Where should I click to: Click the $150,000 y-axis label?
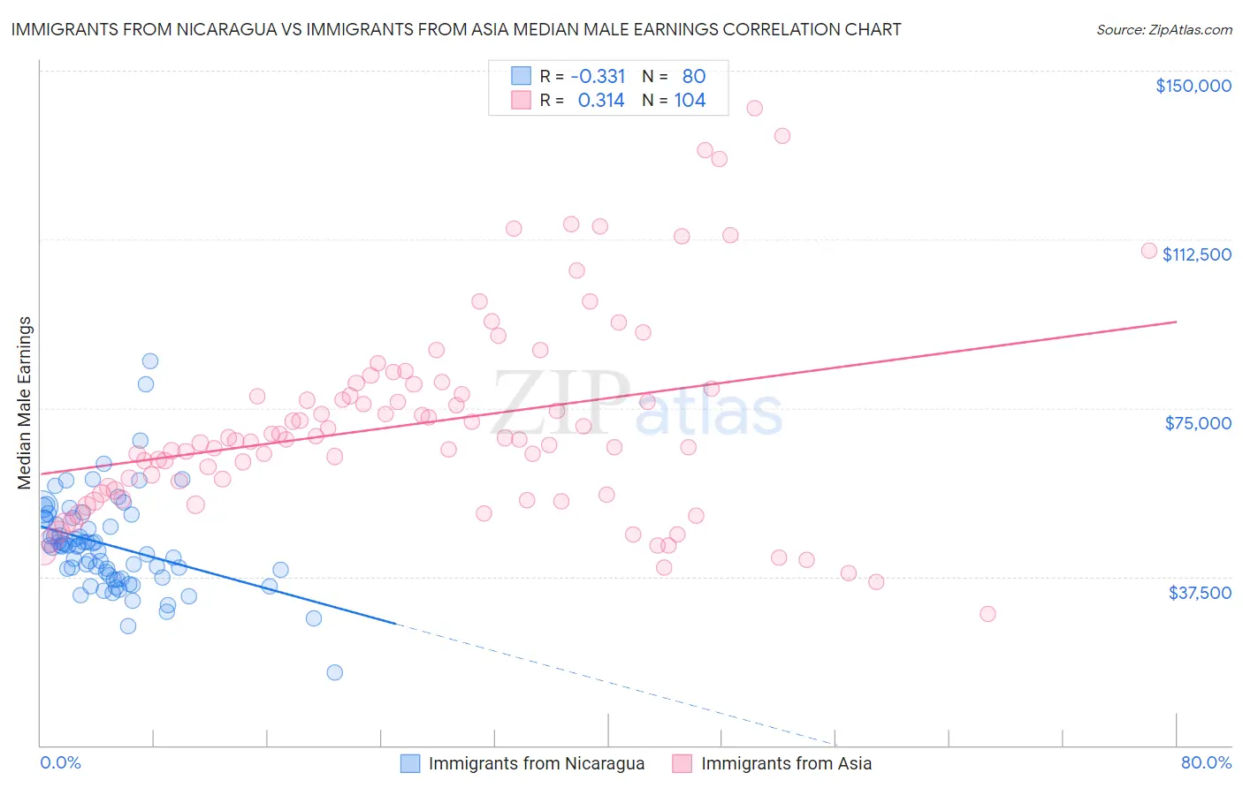pyautogui.click(x=1193, y=86)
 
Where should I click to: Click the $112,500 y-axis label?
pyautogui.click(x=1196, y=254)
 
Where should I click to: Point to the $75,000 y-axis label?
pyautogui.click(x=1198, y=423)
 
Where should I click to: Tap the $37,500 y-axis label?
pyautogui.click(x=1200, y=593)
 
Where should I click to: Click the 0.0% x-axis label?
pyautogui.click(x=60, y=762)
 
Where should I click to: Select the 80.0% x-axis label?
pyautogui.click(x=1206, y=762)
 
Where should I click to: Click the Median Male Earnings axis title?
pyautogui.click(x=25, y=403)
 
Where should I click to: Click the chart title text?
pyautogui.click(x=456, y=29)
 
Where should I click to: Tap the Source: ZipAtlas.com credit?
pyautogui.click(x=1163, y=30)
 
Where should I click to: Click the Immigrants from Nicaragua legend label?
pyautogui.click(x=536, y=763)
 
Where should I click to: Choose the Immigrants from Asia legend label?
pyautogui.click(x=786, y=763)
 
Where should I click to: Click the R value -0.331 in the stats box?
pyautogui.click(x=598, y=77)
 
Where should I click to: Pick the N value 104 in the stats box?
pyautogui.click(x=690, y=101)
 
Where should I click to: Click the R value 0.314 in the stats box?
pyautogui.click(x=601, y=101)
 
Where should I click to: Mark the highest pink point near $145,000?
pyautogui.click(x=754, y=108)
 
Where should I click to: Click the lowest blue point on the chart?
pyautogui.click(x=334, y=672)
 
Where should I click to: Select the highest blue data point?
pyautogui.click(x=150, y=360)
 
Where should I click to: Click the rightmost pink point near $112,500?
pyautogui.click(x=1149, y=250)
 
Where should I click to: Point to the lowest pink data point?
pyautogui.click(x=988, y=614)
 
